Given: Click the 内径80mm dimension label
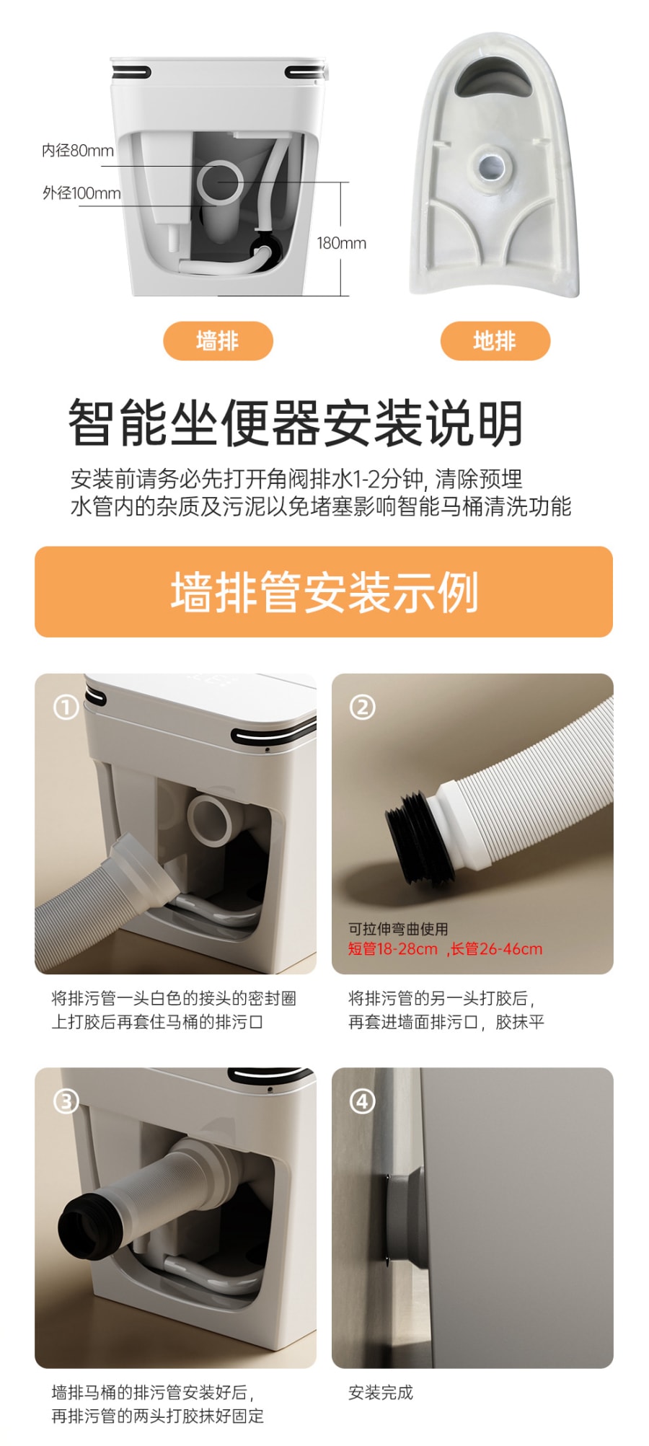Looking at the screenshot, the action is (x=78, y=151).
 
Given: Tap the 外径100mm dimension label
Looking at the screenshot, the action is (x=81, y=193).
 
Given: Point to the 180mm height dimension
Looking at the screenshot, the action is (x=341, y=243).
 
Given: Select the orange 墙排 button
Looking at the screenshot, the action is (x=218, y=341).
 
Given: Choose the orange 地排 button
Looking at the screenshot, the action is (x=495, y=341).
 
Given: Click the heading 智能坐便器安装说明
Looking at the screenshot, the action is (x=296, y=423).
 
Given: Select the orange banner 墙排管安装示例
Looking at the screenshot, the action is (x=324, y=592).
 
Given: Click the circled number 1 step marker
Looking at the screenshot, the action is (x=66, y=707).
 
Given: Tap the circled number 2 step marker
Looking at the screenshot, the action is (x=363, y=707).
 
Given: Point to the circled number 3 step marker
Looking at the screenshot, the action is (x=66, y=1101).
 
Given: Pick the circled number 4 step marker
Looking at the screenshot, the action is (x=363, y=1101).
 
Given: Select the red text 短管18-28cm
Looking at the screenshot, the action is (x=393, y=949).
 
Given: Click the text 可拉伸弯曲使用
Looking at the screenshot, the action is (x=398, y=929).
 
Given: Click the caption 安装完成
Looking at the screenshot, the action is (x=381, y=1393).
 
